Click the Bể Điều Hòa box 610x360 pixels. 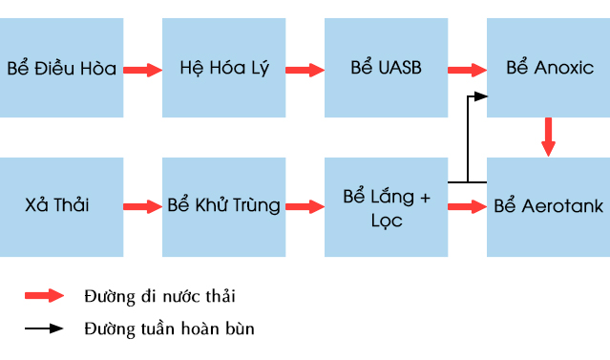coord(61,69)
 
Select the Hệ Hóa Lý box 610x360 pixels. coord(223,69)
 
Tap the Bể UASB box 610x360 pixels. coord(386,69)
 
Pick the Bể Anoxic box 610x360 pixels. coord(547,69)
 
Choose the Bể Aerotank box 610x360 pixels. coord(547,207)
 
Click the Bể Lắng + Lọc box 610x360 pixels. coord(386,207)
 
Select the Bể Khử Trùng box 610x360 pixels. coord(223,207)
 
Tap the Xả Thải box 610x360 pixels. coord(61,207)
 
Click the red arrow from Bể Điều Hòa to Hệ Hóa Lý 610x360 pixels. coord(142,69)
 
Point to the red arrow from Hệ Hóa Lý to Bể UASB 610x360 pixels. coord(305,69)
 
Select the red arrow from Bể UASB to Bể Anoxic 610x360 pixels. coord(467,69)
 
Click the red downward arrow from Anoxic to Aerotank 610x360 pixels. coord(548,137)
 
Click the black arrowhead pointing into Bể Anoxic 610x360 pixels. coord(481,96)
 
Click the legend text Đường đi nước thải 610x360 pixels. coord(158,296)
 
